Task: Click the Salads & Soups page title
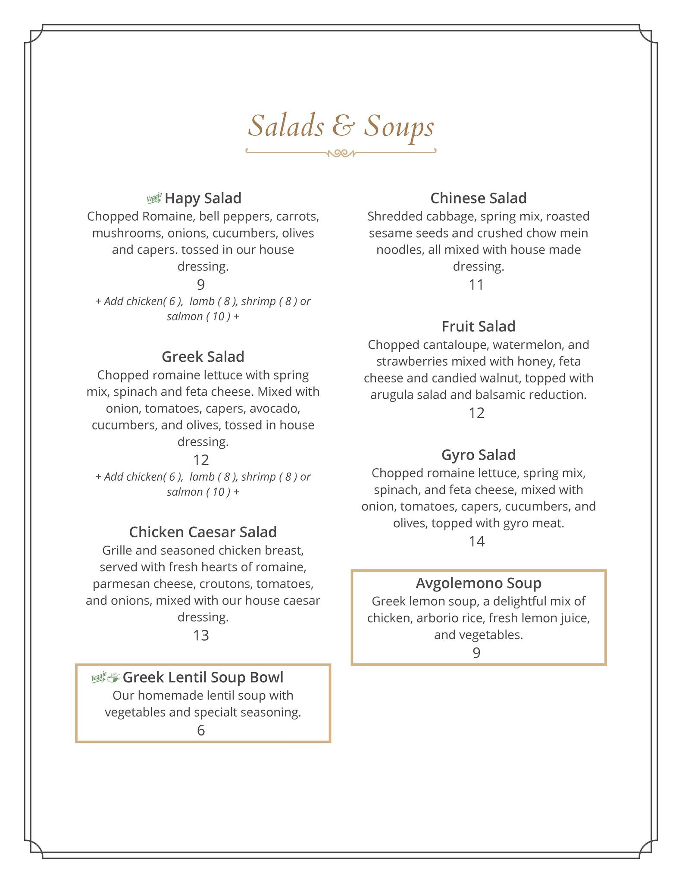(341, 126)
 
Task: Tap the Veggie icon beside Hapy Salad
(154, 198)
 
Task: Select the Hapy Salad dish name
(203, 198)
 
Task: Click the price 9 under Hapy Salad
(201, 285)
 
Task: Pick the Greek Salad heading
(203, 357)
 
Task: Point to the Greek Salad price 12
(201, 460)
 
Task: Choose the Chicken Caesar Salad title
(203, 532)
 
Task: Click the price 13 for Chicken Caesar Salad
(201, 636)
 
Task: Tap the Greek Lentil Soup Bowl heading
(203, 677)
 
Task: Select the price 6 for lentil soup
(201, 730)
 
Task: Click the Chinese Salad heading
(479, 198)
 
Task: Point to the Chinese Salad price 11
(476, 285)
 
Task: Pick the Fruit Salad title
(479, 326)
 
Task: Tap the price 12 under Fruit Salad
(476, 413)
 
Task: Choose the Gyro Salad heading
(479, 455)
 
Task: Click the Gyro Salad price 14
(476, 541)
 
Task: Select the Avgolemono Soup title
(479, 583)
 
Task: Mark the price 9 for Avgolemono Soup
(476, 653)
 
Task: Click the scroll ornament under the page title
(341, 153)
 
